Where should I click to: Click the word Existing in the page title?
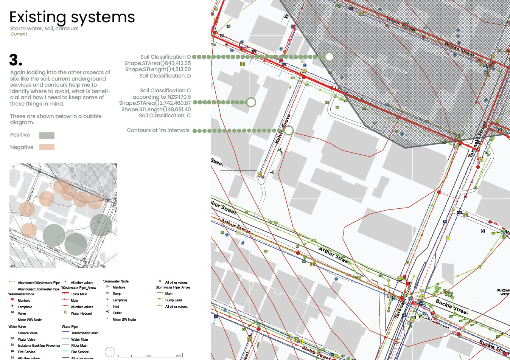click(37, 17)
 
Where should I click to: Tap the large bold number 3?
click(16, 60)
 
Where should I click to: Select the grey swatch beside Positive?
click(47, 135)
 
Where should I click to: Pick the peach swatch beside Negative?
click(47, 147)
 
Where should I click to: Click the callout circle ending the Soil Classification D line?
click(329, 57)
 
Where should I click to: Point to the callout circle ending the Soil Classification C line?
click(251, 102)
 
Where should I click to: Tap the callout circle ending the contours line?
click(288, 130)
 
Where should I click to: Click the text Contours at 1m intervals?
click(158, 130)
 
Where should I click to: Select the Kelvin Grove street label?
click(283, 129)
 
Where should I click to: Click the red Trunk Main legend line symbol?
click(65, 294)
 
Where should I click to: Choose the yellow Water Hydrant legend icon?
click(65, 313)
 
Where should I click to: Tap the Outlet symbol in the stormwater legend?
click(107, 313)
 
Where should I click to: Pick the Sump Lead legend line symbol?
click(159, 300)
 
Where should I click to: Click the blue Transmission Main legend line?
click(65, 333)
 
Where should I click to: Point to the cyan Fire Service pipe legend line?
click(65, 352)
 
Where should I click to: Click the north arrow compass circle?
click(110, 352)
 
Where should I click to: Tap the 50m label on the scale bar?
click(178, 355)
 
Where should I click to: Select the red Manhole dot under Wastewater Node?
click(12, 300)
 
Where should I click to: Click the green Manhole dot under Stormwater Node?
click(108, 287)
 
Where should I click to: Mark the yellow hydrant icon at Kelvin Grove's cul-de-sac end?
click(259, 174)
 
